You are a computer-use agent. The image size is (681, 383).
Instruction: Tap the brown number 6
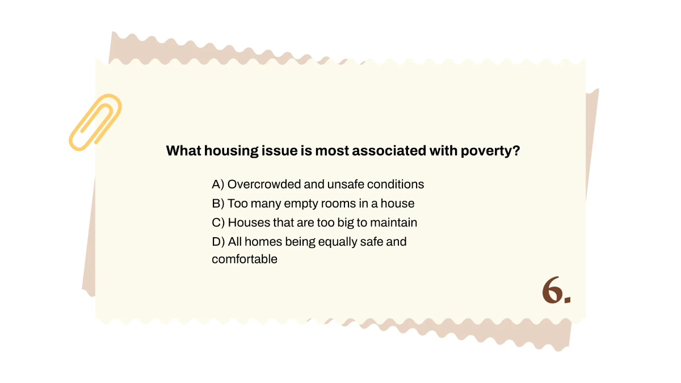552,292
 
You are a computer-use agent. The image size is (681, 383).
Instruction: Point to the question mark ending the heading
516,151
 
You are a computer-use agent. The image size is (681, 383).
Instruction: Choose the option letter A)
218,184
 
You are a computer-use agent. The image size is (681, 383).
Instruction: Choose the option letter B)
218,203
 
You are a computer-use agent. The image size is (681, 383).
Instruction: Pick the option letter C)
218,222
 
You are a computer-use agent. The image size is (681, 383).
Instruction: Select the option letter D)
218,242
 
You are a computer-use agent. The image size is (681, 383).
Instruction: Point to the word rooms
337,203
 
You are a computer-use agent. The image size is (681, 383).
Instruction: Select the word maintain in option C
396,222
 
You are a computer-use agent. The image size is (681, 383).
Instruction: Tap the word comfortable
245,260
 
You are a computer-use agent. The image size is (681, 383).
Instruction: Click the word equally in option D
337,242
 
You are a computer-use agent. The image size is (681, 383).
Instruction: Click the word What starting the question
183,151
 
